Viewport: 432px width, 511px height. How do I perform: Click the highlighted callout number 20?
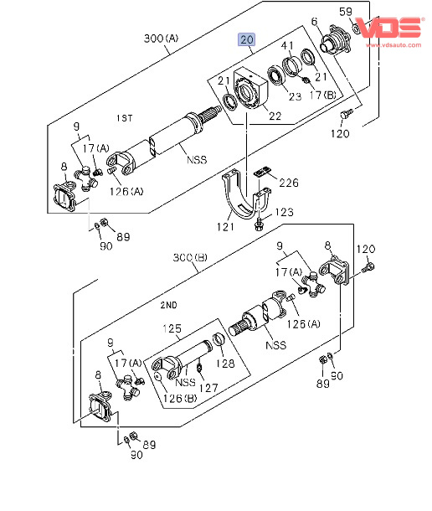(247, 39)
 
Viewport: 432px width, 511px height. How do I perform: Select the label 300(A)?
(161, 39)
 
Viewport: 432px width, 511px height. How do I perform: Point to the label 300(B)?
(190, 258)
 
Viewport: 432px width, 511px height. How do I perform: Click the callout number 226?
(289, 183)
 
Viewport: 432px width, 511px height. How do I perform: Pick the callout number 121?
(226, 227)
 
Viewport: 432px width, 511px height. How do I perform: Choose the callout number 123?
(284, 212)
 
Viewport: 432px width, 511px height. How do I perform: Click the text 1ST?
(125, 117)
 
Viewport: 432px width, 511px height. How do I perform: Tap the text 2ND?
(169, 305)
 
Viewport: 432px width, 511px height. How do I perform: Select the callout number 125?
(172, 328)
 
